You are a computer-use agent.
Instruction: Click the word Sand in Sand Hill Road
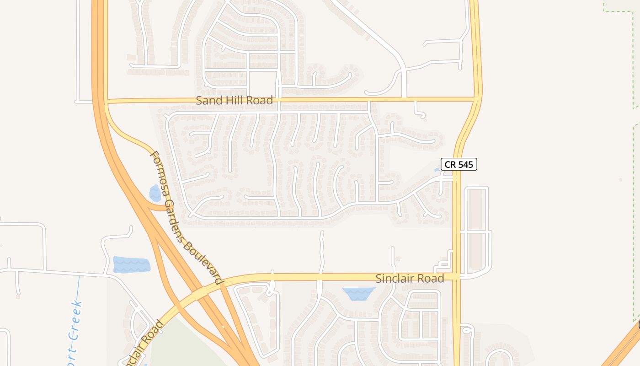[208, 101]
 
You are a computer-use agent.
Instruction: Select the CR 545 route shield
[459, 164]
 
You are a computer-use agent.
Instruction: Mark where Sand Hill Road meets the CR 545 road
[476, 98]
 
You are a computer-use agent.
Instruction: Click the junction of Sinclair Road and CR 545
[457, 276]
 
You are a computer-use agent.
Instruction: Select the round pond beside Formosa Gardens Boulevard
[155, 193]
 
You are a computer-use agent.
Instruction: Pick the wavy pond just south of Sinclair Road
[359, 293]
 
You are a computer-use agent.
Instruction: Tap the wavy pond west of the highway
[131, 264]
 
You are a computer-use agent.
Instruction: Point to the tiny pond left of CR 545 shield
[437, 170]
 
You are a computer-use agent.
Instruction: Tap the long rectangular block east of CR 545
[476, 229]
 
